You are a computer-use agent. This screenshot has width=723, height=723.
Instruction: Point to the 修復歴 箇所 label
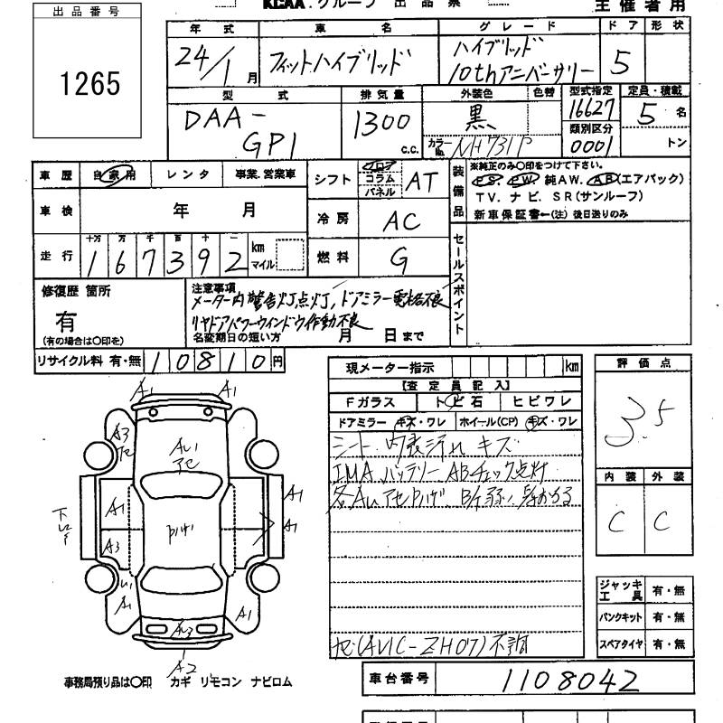(78, 291)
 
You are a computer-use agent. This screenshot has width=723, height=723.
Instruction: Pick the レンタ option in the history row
(192, 174)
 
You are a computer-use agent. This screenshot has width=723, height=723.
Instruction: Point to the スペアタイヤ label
(621, 644)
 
